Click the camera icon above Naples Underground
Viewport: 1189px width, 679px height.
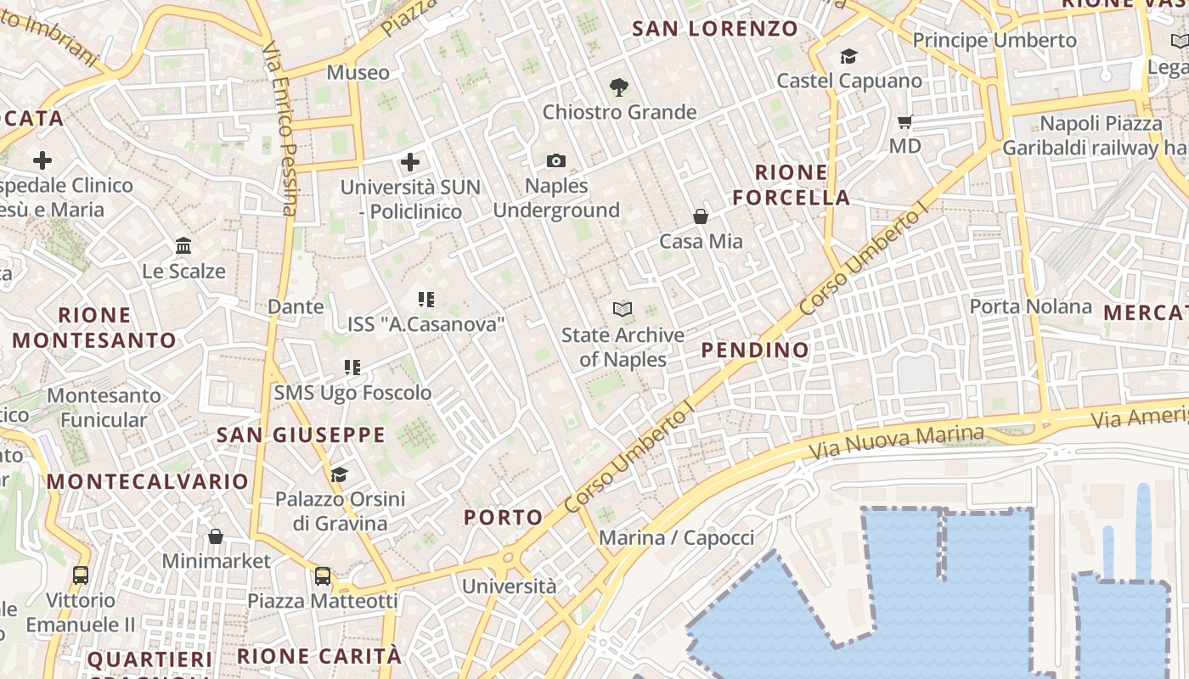556,160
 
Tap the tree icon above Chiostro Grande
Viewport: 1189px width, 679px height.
619,87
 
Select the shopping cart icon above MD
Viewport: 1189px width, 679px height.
904,122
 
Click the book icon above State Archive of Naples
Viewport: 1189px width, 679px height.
623,310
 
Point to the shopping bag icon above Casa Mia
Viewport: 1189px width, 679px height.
701,216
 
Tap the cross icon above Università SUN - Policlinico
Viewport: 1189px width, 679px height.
410,162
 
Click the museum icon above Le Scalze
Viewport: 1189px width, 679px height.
183,246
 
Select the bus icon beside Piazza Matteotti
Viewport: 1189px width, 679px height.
323,576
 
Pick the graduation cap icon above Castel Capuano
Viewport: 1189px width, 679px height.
848,57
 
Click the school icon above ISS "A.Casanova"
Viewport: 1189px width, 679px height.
426,299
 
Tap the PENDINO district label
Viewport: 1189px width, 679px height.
755,350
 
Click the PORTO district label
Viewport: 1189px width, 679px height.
504,517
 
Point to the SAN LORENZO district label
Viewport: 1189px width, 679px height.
715,29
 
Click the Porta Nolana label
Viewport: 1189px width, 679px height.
1031,306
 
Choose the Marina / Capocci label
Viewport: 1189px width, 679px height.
676,538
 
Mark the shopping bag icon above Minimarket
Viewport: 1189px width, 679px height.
216,536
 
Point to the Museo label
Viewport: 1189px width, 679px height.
358,73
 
